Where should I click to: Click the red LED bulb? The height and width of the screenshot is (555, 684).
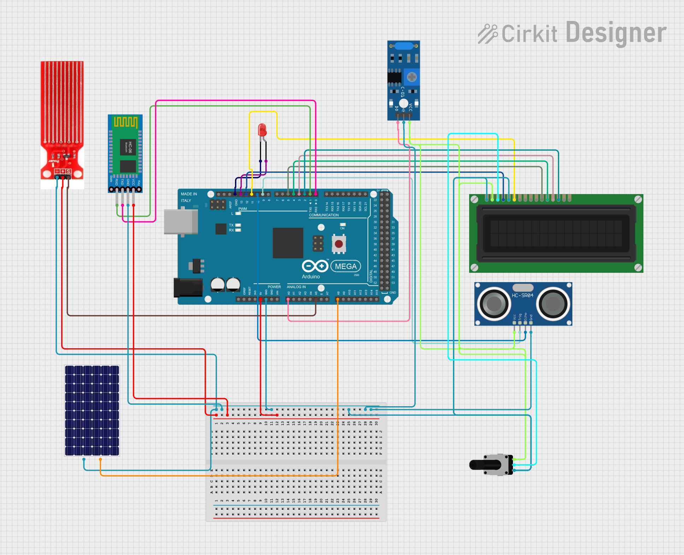[x=262, y=129]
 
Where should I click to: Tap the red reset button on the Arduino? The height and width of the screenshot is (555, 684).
[x=338, y=244]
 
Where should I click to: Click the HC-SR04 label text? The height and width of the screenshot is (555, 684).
[x=523, y=295]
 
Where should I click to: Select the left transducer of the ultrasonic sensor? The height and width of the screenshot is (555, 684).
[x=494, y=303]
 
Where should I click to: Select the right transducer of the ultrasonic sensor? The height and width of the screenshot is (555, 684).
[x=553, y=303]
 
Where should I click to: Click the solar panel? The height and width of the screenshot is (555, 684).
[x=92, y=410]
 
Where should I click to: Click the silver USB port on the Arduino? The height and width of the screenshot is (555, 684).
[x=181, y=222]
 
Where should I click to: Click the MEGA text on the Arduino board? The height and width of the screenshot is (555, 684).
[x=346, y=266]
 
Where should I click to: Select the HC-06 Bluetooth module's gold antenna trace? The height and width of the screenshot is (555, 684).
[x=125, y=122]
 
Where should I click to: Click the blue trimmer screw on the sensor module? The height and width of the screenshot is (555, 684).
[x=412, y=77]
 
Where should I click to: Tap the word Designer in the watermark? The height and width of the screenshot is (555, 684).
[x=616, y=33]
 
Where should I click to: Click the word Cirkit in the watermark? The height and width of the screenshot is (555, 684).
[x=529, y=34]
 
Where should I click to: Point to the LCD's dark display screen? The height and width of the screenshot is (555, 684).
[x=556, y=233]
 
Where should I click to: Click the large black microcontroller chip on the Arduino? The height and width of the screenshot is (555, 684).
[x=288, y=243]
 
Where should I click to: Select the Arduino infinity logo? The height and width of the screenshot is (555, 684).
[x=315, y=266]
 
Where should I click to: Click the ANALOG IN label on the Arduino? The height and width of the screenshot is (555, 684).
[x=296, y=287]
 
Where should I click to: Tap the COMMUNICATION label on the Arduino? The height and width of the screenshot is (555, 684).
[x=324, y=215]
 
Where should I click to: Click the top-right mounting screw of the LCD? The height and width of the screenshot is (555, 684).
[x=638, y=199]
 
